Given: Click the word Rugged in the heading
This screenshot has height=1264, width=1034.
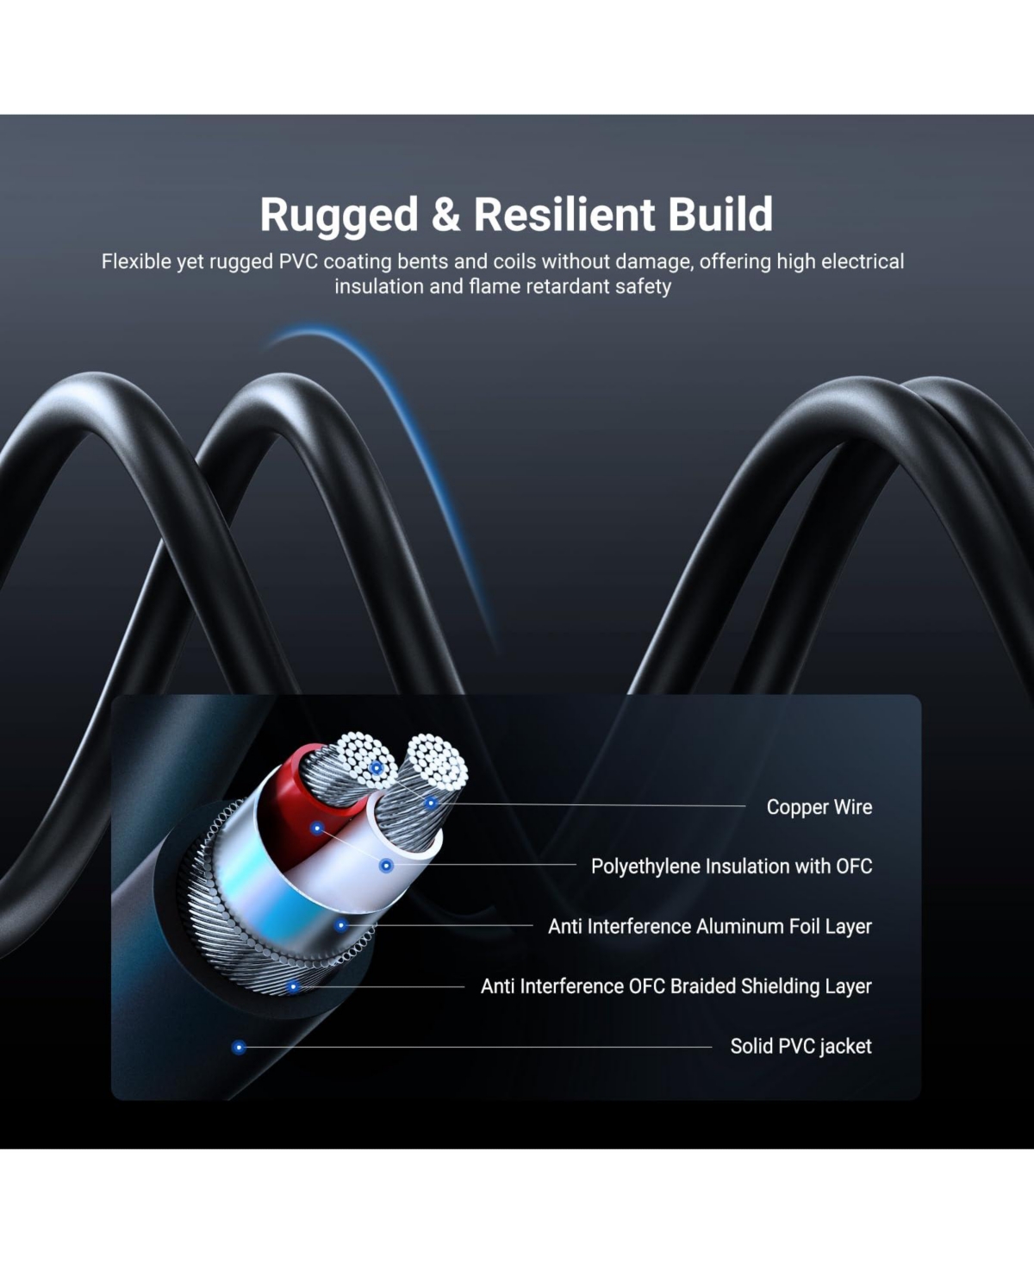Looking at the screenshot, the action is (x=339, y=216).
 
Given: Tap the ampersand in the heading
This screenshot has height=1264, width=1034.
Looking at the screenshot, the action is (x=445, y=215).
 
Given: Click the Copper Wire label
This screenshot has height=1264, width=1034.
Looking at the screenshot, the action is (x=819, y=807).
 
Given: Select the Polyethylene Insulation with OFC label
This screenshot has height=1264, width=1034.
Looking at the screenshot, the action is (x=732, y=866).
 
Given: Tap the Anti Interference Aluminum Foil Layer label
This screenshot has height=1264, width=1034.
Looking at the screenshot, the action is (x=710, y=926).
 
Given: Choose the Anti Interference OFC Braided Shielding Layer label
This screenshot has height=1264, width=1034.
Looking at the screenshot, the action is (x=676, y=986).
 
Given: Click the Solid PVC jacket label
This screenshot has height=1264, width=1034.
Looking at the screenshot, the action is (x=801, y=1046).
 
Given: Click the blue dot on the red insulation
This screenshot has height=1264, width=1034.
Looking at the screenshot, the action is (x=317, y=829).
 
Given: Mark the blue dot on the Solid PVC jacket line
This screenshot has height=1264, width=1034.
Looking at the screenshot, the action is (x=239, y=1047).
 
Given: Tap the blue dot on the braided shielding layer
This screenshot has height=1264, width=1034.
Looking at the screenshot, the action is (x=293, y=986).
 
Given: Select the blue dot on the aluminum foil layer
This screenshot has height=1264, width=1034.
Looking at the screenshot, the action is (x=340, y=925).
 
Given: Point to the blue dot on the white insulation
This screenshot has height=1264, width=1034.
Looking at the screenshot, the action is (x=386, y=865).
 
